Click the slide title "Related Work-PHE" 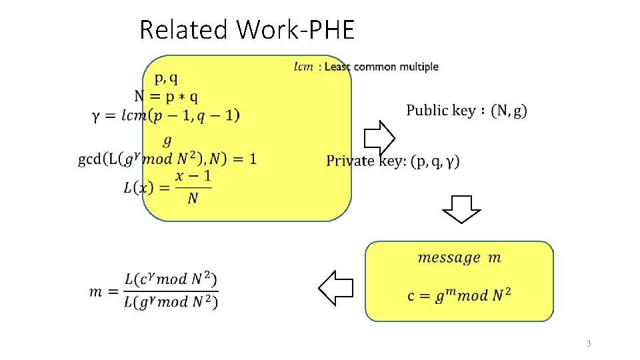click(247, 30)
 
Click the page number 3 click(589, 344)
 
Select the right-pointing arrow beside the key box click(379, 139)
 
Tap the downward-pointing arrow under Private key click(461, 209)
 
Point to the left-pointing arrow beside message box click(335, 287)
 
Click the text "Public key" click(441, 111)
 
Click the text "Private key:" click(367, 161)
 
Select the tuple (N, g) click(508, 111)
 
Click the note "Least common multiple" click(381, 67)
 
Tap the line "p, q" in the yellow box click(166, 79)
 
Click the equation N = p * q click(166, 97)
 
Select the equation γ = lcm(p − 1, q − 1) click(166, 115)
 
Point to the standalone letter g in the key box click(167, 140)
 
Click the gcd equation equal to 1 click(167, 159)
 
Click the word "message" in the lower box click(449, 258)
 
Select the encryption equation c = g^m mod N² click(459, 295)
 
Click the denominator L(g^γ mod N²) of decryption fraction click(171, 301)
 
